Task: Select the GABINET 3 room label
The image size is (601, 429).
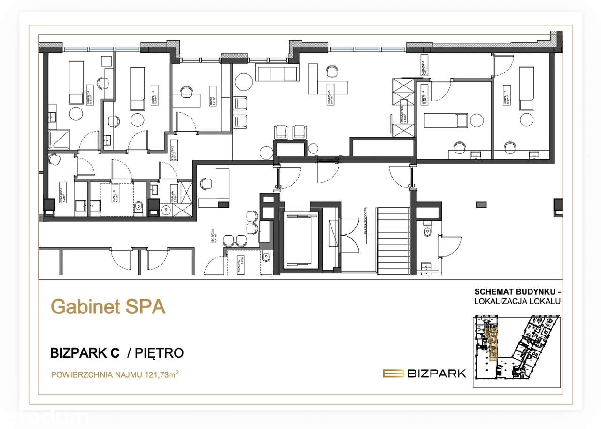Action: pyautogui.click(x=153, y=95)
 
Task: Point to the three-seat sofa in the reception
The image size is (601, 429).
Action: pyautogui.click(x=277, y=73)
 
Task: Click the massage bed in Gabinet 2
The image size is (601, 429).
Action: pyautogui.click(x=446, y=120)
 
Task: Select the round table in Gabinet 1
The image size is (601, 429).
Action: pyautogui.click(x=527, y=120)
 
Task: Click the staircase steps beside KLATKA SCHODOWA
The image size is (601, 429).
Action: pyautogui.click(x=393, y=240)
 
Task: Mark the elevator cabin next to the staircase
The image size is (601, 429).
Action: pyautogui.click(x=300, y=240)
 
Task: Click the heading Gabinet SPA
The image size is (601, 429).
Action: pyautogui.click(x=108, y=307)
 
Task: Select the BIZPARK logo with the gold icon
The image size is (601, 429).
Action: pyautogui.click(x=424, y=374)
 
